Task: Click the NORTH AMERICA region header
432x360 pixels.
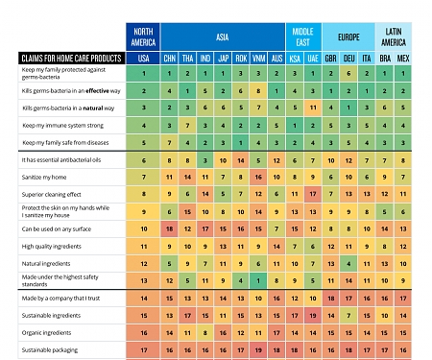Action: point(144,36)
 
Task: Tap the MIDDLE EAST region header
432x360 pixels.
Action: point(303,36)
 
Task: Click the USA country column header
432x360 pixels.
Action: point(144,59)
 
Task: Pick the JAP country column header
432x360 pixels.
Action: point(224,59)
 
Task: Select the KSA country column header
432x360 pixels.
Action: point(295,59)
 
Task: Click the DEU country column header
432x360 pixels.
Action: point(348,59)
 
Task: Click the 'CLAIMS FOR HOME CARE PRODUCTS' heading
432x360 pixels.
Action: point(73,59)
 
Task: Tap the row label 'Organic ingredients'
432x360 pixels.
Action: point(49,331)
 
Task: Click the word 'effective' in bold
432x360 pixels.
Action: point(88,90)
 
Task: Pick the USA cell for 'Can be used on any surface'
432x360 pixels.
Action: point(144,229)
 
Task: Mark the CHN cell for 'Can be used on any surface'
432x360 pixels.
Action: point(170,229)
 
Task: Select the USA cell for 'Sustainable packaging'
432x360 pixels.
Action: point(144,349)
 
